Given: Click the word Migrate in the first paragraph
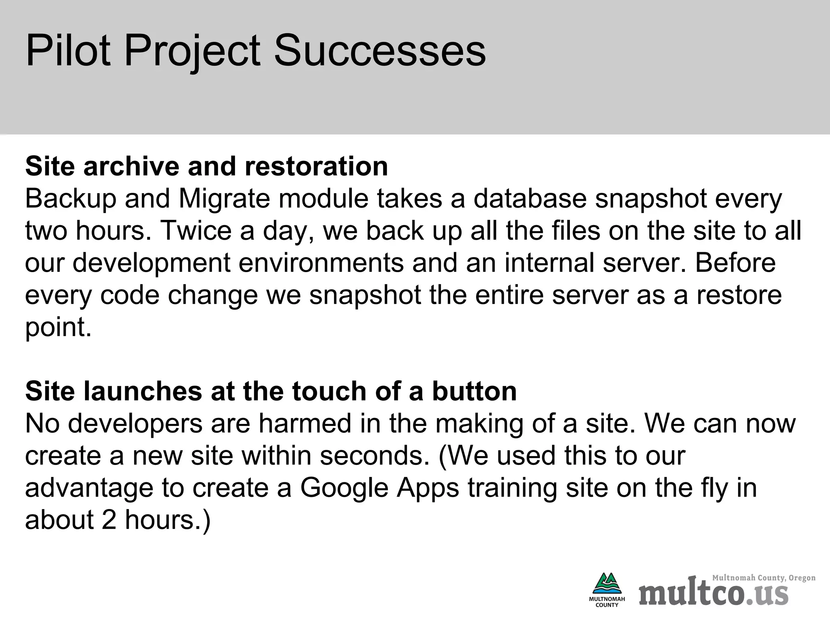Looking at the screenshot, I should pos(224,199).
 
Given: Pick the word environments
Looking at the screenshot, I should pos(321,263).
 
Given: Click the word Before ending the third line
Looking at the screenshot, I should pos(735,263).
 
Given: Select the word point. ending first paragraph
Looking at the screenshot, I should pos(58,327).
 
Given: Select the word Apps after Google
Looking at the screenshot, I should pos(428,488).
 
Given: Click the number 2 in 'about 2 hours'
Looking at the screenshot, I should pos(109,520).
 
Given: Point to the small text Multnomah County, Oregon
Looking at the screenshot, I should pos(764,578).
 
